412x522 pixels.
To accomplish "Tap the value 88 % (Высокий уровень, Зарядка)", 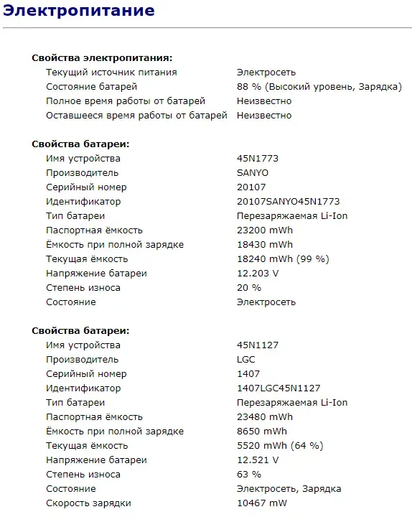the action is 319,87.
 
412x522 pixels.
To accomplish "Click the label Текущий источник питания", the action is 111,73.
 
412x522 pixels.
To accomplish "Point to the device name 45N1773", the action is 258,159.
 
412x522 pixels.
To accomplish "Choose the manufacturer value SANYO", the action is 253,173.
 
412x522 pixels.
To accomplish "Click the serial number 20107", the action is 251,187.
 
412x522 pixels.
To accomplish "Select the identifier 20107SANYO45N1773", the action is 288,202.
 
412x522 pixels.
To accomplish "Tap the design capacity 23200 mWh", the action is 265,230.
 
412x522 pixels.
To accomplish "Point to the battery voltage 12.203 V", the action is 258,274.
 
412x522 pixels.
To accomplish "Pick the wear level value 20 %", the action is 249,288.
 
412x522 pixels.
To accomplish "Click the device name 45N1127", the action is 258,345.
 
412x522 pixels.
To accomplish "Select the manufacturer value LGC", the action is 246,360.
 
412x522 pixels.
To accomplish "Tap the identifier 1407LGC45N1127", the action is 278,388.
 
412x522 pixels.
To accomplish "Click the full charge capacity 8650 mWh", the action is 262,432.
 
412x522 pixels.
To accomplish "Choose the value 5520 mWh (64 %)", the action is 280,446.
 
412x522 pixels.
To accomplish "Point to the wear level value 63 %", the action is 249,475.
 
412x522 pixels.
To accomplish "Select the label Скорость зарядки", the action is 88,503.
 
